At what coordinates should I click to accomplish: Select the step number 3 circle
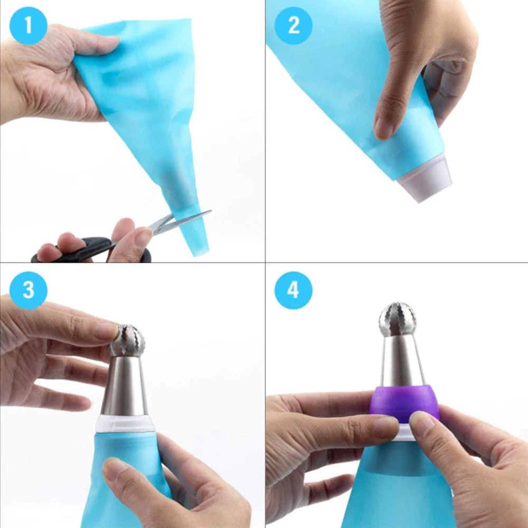coord(29,290)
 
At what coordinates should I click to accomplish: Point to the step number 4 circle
coord(294,290)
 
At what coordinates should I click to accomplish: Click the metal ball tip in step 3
coord(127,341)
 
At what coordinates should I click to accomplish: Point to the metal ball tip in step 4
coord(398,319)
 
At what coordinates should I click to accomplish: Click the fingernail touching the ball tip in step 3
coord(106,331)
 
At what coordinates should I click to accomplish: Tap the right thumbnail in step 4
coord(422,422)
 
